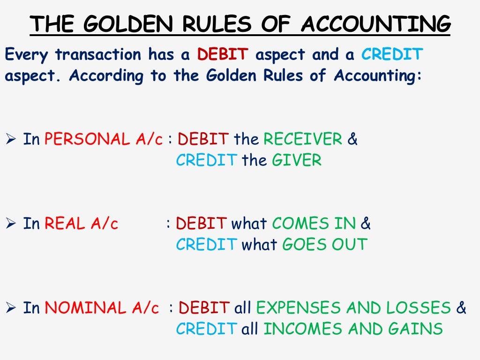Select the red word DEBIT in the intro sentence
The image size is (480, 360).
pos(222,55)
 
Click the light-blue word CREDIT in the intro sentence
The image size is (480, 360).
pos(392,55)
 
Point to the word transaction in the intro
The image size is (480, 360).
pos(97,55)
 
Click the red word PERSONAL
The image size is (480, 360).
pos(79,139)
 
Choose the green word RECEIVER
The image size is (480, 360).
pos(303,139)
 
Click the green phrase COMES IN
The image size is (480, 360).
pos(314,224)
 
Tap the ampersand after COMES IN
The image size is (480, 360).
pos(366,224)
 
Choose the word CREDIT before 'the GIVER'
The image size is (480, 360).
pos(206,161)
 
